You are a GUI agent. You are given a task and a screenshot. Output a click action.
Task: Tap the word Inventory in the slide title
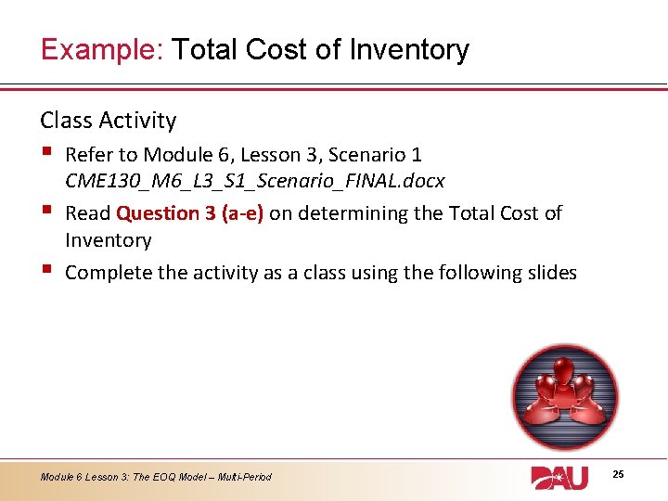click(x=409, y=49)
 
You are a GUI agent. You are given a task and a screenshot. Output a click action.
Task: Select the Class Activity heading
click(x=108, y=121)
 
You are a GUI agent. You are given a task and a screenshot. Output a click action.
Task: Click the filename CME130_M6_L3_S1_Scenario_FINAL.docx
click(x=254, y=181)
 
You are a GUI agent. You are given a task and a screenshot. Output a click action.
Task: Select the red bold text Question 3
click(x=158, y=213)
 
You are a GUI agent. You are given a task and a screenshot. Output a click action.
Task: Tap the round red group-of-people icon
click(x=564, y=396)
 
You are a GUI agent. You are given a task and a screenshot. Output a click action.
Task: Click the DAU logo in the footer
click(x=559, y=477)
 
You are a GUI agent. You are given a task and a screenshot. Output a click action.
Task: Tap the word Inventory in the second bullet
click(x=108, y=240)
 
